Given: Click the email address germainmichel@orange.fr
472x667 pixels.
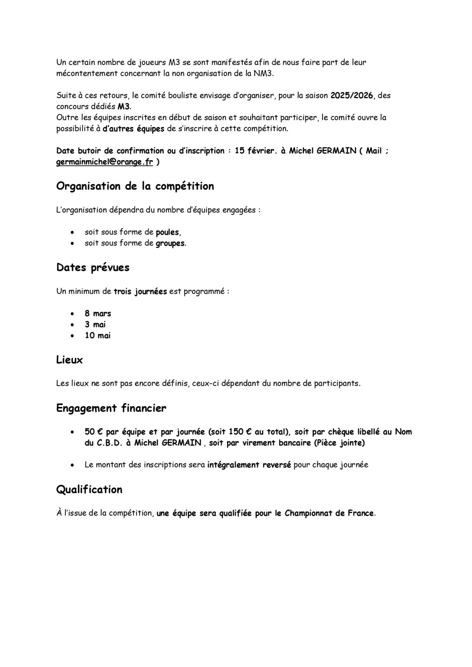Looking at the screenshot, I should pos(104,162).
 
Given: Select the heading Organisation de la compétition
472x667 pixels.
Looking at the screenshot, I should pos(135,186).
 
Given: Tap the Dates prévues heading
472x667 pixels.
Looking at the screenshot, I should pos(93,267).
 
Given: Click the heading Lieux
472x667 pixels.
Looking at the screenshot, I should pos(69,360).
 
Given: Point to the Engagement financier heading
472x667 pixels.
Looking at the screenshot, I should pos(111,408).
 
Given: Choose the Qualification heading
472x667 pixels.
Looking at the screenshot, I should pos(89,490).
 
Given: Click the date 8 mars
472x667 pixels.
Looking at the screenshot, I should pos(98,313).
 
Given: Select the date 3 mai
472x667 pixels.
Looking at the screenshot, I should pos(95,324).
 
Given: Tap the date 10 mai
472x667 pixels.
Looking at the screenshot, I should pos(97,336).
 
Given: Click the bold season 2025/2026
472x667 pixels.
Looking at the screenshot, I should pos(352,95).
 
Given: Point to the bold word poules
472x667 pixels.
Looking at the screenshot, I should pos(167,232).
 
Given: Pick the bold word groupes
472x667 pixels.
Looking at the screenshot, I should pos(170,243).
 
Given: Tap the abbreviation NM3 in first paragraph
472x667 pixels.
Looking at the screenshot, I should pos(263,73).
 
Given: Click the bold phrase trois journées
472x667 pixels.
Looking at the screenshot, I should pos(140,291).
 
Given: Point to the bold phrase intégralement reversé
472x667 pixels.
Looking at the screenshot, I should pos(249,465).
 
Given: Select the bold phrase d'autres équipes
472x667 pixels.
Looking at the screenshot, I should pos(133,129).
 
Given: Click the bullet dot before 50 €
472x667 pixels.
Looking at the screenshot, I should pos(72,432).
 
